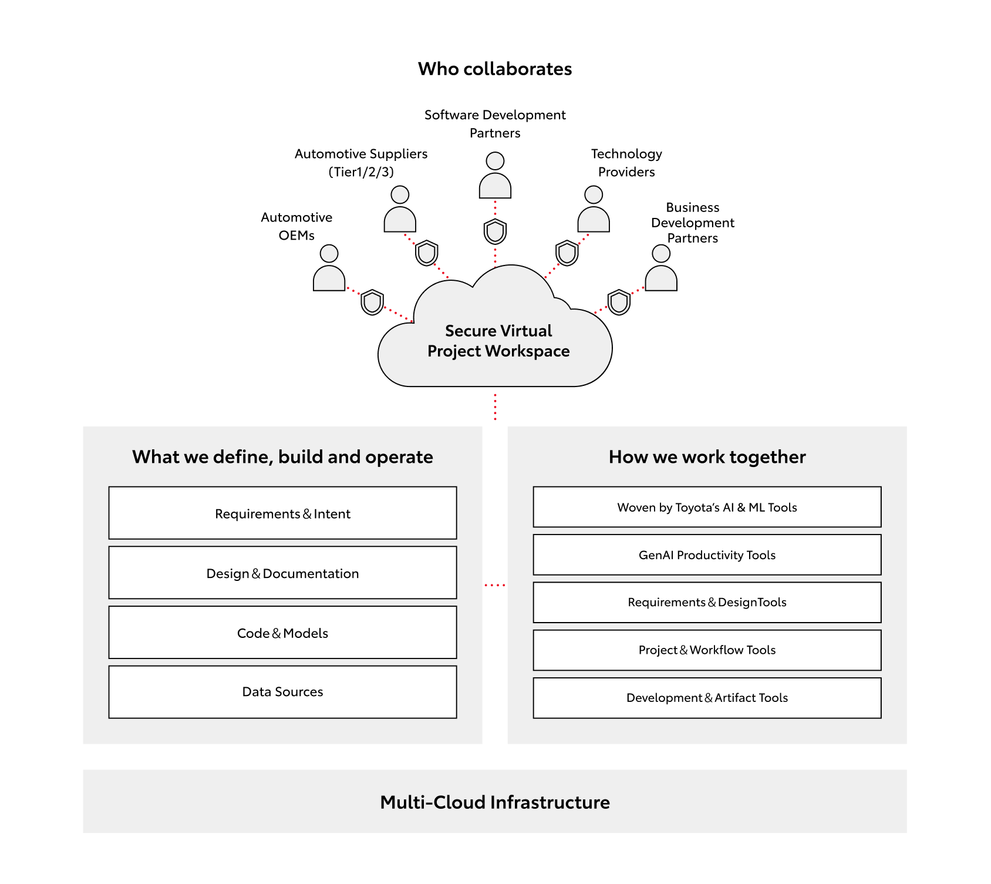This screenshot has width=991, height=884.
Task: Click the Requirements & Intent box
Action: (x=282, y=513)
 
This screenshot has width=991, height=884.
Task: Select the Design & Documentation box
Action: (x=282, y=573)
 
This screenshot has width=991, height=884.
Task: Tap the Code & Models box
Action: (x=282, y=633)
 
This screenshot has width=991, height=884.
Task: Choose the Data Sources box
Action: (x=282, y=692)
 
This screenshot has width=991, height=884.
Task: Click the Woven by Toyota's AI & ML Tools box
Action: (x=707, y=507)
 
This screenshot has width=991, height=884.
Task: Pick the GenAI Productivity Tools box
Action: (x=707, y=554)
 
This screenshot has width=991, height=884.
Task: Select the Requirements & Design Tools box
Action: (x=707, y=602)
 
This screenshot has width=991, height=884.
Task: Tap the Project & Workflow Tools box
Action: (x=707, y=650)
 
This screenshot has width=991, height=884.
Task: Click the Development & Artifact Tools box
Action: (x=707, y=698)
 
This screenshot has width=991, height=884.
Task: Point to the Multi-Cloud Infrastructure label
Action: (x=495, y=802)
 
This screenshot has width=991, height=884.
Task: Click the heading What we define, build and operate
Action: (x=282, y=457)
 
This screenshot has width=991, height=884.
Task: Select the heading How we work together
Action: (x=707, y=457)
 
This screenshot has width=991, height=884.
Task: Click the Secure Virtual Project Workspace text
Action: (x=498, y=341)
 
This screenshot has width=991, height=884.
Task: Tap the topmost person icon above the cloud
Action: (x=495, y=176)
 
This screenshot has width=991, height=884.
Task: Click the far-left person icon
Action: (x=329, y=269)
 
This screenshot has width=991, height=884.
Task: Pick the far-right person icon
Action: (x=661, y=269)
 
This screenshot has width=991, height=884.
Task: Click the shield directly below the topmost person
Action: (x=495, y=231)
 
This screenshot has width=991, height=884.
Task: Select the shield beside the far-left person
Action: (x=372, y=302)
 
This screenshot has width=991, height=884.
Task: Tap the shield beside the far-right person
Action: (x=619, y=302)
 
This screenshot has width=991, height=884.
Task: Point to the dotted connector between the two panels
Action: (x=495, y=585)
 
